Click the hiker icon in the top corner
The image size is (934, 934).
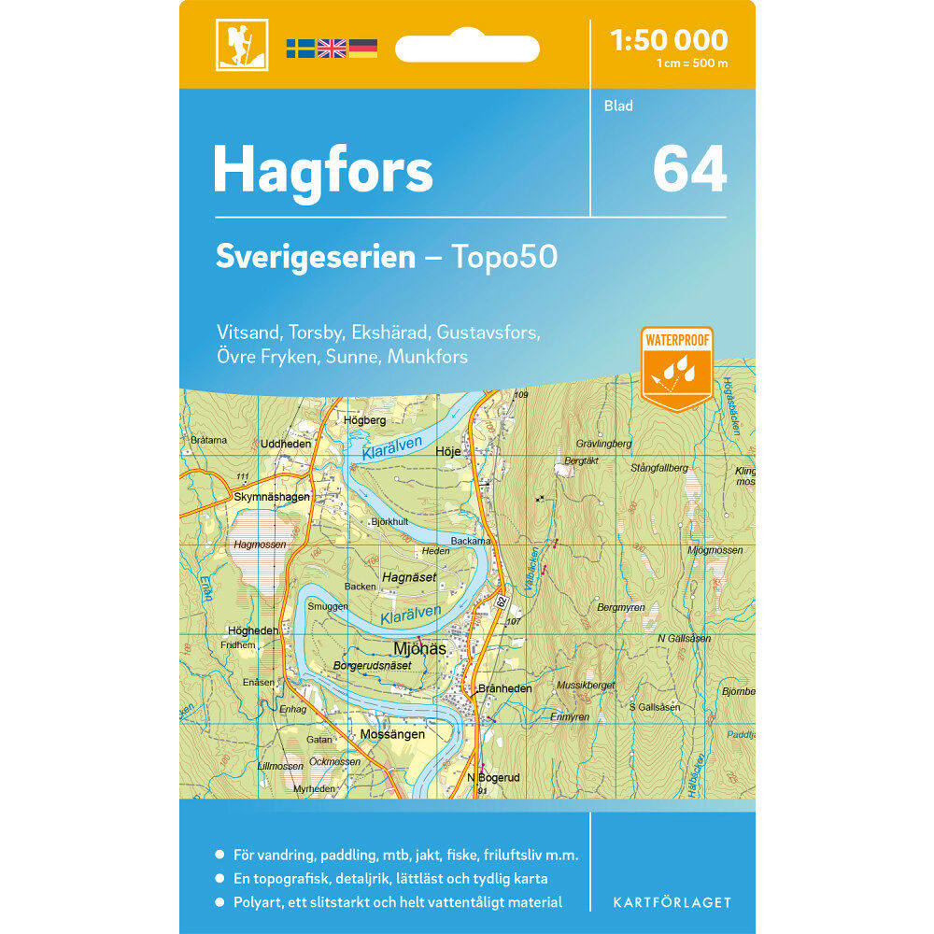pos(241,45)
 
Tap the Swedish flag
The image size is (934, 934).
pos(300,49)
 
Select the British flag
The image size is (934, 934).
pos(332,49)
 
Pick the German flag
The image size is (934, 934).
pos(363,49)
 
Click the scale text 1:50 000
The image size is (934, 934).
pos(668,40)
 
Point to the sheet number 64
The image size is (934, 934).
pos(688,170)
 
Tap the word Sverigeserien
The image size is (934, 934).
pos(315,257)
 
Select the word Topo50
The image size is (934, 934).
pos(504,257)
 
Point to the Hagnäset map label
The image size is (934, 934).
pos(409,578)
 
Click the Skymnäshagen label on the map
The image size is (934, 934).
pos(272,497)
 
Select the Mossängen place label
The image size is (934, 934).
pos(392,734)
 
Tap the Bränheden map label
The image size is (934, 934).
pos(503,688)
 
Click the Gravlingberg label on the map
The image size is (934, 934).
pos(604,444)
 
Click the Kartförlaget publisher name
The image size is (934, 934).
pos(672,902)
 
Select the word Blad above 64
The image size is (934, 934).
pos(618,106)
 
